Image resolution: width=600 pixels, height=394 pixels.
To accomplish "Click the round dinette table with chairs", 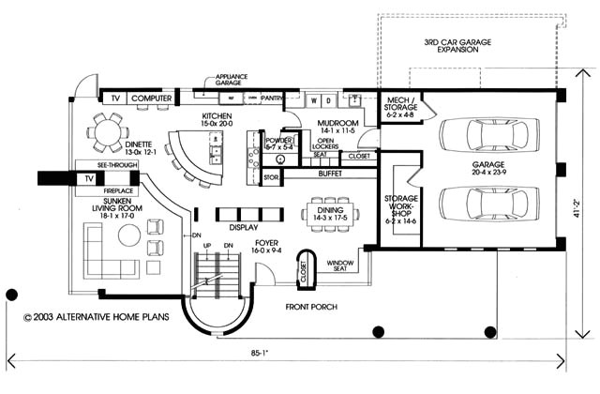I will pos(107,130).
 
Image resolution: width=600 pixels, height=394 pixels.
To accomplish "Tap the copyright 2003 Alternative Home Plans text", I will pos(97,318).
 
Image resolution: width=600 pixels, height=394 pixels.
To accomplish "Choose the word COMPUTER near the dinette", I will pos(151,98).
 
